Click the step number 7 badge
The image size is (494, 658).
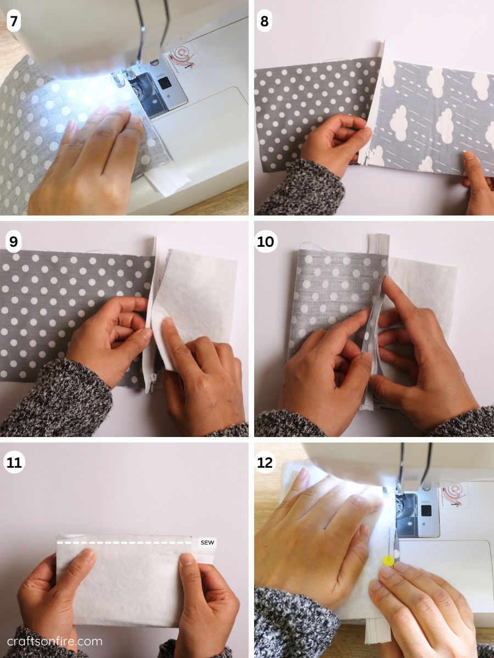coord(14,21)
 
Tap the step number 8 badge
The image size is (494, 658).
coord(264,21)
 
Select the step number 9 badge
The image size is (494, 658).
coord(14,242)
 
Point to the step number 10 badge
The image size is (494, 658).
coord(266,242)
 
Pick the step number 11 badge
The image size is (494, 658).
coord(14,463)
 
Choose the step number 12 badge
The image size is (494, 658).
coord(266,463)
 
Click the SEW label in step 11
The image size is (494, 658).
coord(207,542)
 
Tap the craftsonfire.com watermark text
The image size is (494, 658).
coord(54,641)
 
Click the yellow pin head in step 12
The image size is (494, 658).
coord(389,560)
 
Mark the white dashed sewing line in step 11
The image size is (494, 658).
coord(125,542)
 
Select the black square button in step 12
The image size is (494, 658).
coord(426,510)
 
